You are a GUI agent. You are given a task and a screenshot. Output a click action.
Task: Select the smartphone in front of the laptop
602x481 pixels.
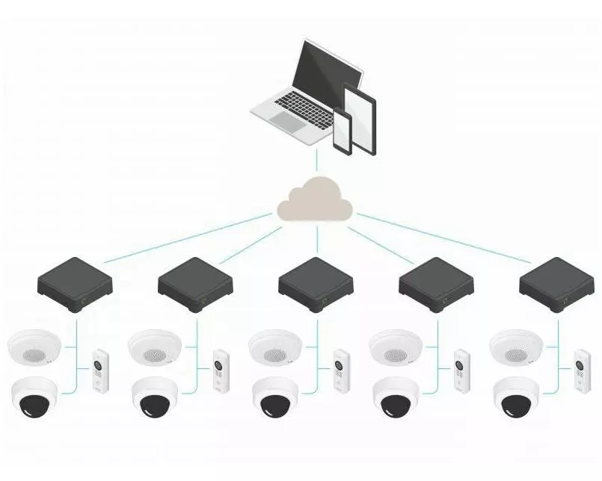tap(342, 131)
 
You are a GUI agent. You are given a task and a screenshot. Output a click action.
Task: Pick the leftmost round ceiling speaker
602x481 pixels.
tap(34, 346)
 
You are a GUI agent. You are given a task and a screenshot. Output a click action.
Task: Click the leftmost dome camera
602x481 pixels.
tap(34, 397)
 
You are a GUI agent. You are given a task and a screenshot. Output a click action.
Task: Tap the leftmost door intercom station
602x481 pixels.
tap(99, 370)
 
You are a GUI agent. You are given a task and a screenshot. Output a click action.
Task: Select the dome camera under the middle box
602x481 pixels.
tap(275, 397)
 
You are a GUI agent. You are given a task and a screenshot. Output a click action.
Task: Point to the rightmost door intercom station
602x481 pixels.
tap(581, 370)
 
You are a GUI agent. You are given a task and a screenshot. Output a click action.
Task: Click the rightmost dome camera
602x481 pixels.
tap(516, 397)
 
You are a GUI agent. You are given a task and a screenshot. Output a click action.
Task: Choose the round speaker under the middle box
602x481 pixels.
tap(275, 346)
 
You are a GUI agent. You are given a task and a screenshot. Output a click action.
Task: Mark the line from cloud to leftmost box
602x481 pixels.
tap(187, 238)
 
